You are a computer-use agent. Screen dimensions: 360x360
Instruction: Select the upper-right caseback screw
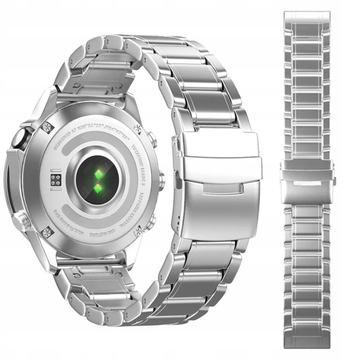pyautogui.click(x=138, y=129)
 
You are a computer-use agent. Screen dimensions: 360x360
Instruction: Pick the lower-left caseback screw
pyautogui.click(x=47, y=233)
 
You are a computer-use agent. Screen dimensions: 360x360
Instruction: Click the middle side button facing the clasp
pyautogui.click(x=161, y=179)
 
